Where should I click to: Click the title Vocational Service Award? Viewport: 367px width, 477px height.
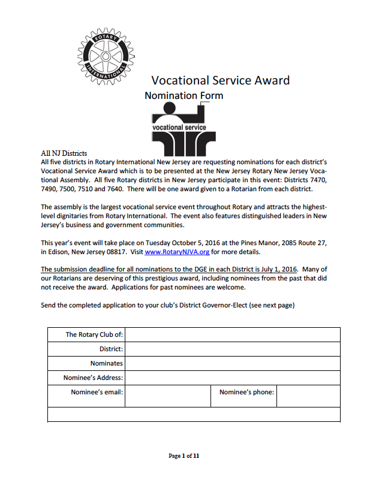click(220, 80)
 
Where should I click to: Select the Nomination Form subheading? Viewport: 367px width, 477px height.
click(183, 95)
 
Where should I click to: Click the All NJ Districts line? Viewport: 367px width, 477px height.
click(64, 153)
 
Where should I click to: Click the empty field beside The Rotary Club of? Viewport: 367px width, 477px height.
click(232, 334)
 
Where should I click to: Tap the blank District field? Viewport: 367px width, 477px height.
click(232, 349)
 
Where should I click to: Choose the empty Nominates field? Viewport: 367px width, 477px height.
click(232, 363)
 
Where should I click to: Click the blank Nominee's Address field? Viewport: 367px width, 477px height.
click(232, 378)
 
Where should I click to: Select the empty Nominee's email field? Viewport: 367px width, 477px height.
click(167, 396)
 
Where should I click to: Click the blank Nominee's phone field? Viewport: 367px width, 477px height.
click(308, 396)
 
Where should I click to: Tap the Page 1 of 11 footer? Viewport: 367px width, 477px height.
click(183, 456)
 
